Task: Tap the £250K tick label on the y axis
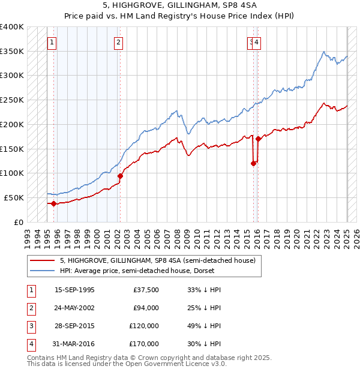[x=12, y=100]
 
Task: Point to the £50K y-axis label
[x=14, y=197]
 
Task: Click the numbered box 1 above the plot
[x=53, y=42]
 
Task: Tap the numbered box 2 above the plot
[x=119, y=42]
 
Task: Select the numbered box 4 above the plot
[x=256, y=42]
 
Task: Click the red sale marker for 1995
[x=53, y=203]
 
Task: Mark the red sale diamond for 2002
[x=120, y=176]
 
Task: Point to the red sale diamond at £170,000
[x=258, y=139]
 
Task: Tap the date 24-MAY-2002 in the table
[x=74, y=308]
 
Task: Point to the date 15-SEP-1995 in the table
[x=74, y=290]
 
